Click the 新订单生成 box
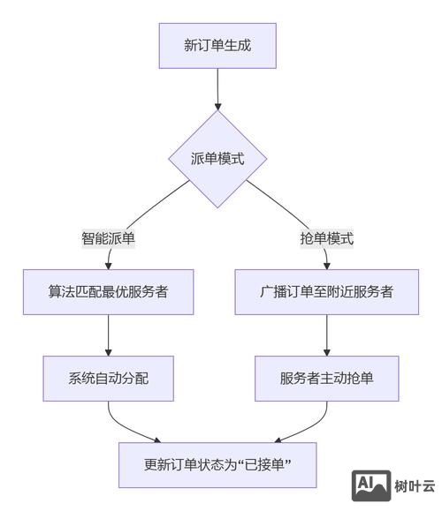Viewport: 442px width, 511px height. click(x=217, y=45)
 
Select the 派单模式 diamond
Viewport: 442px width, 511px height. click(x=217, y=159)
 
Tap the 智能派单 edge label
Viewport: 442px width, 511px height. click(x=109, y=238)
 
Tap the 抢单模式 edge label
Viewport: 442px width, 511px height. click(x=327, y=238)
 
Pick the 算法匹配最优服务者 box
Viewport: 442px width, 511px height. click(x=109, y=291)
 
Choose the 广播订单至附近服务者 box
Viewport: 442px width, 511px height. click(x=327, y=291)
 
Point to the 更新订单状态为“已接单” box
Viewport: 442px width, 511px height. click(x=217, y=464)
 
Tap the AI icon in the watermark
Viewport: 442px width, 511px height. click(x=371, y=485)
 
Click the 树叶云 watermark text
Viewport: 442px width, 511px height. click(x=415, y=485)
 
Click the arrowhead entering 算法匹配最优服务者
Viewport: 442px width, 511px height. click(x=109, y=264)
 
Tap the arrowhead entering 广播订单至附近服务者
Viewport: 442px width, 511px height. click(x=327, y=264)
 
